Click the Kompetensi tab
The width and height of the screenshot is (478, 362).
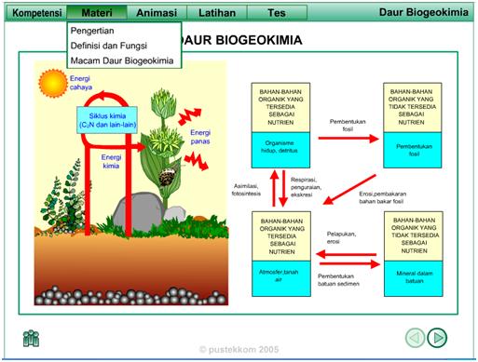(x=34, y=14)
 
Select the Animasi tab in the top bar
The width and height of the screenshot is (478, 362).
(x=156, y=14)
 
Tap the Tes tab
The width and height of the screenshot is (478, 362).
(x=277, y=14)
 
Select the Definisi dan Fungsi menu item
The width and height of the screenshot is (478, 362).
(x=110, y=46)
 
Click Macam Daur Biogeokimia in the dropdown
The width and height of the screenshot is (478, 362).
(x=121, y=60)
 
